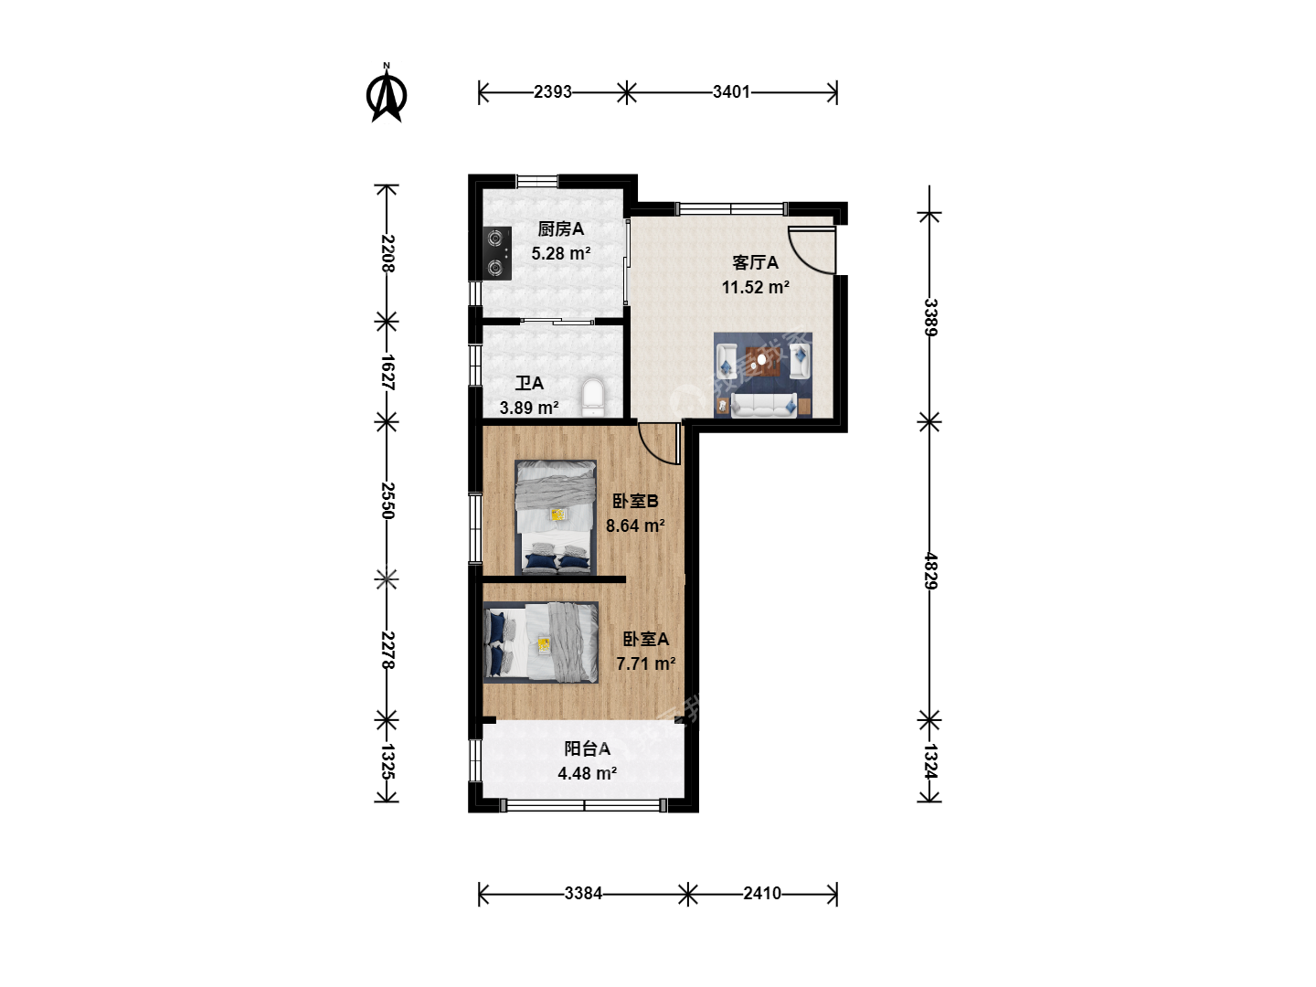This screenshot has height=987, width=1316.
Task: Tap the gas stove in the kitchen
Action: pyautogui.click(x=498, y=253)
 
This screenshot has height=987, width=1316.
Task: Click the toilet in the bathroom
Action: pyautogui.click(x=593, y=397)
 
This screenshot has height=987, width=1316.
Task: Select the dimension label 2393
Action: pyautogui.click(x=553, y=92)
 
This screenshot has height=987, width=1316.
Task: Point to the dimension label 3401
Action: pyautogui.click(x=731, y=92)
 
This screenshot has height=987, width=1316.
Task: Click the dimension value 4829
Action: pyautogui.click(x=930, y=570)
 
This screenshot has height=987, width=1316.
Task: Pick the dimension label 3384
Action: pyautogui.click(x=583, y=894)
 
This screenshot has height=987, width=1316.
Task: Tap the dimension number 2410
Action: pyautogui.click(x=762, y=894)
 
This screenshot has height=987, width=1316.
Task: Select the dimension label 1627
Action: pyautogui.click(x=387, y=372)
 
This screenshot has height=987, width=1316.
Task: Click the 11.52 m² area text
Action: pyautogui.click(x=756, y=287)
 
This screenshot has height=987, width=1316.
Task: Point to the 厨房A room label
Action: pyautogui.click(x=560, y=228)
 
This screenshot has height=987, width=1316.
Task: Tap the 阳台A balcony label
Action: pyautogui.click(x=588, y=748)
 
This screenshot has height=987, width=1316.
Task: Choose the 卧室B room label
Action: pyautogui.click(x=635, y=501)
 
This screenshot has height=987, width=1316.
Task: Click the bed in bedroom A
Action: pyautogui.click(x=541, y=642)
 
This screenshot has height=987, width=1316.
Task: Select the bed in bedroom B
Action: pyautogui.click(x=556, y=517)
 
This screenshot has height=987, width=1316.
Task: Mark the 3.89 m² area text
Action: pyautogui.click(x=529, y=409)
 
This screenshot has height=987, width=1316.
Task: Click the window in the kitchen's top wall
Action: pyautogui.click(x=537, y=180)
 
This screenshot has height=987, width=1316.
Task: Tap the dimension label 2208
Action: pyautogui.click(x=387, y=253)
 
